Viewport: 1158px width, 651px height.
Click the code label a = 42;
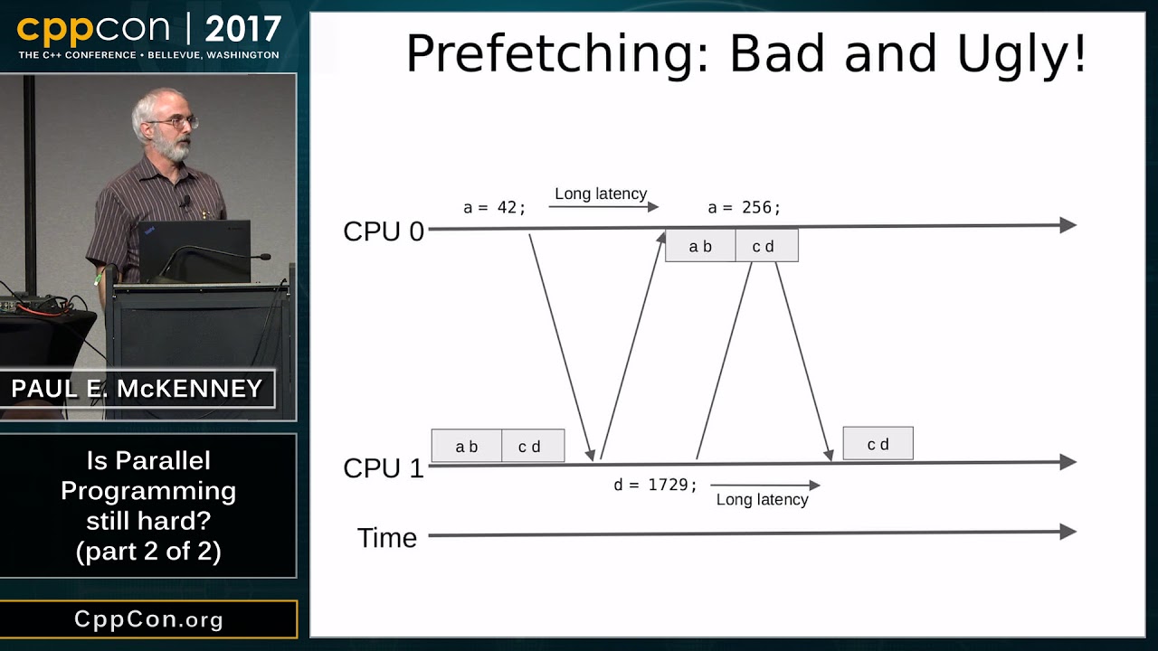pos(494,208)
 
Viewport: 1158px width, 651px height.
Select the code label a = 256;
pos(744,208)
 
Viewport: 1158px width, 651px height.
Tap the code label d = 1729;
pos(655,485)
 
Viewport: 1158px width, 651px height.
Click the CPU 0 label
pos(384,231)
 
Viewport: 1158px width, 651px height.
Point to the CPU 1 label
pos(384,468)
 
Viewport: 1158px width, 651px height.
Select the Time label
pos(386,538)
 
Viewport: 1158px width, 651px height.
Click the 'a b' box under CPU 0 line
pos(700,246)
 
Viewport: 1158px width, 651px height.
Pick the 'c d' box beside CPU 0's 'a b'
pos(766,246)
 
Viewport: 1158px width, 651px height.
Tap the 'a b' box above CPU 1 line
pos(466,446)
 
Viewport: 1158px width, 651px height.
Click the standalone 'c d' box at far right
pos(878,443)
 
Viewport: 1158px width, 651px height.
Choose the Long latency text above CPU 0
pos(601,193)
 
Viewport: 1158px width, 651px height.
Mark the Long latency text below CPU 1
pos(762,500)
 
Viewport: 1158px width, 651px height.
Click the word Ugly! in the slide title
pos(1021,55)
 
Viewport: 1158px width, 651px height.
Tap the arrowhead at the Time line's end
pos(1068,532)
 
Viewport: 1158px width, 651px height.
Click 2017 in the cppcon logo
pos(243,29)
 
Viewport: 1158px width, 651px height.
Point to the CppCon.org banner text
pos(148,619)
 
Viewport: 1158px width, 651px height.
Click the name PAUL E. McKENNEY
pos(137,389)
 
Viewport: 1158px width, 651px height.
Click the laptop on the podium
pos(195,251)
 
